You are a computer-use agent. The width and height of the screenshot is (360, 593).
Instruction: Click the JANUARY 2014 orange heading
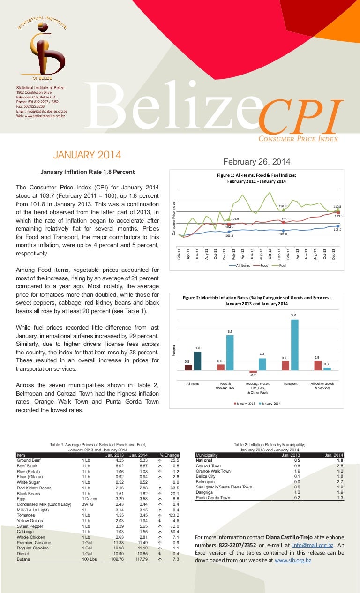tap(87, 155)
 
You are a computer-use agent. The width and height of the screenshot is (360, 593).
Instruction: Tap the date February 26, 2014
tap(256, 162)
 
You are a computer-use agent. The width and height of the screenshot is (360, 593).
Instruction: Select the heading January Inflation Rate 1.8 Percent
tap(87, 172)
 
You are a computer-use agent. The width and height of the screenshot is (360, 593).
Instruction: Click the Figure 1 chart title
tap(256, 178)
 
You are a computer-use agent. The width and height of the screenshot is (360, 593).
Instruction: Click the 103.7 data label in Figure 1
tap(337, 230)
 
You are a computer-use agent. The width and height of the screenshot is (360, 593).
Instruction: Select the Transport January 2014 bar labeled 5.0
tap(294, 345)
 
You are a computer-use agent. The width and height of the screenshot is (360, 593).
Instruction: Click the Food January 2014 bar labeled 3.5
tap(230, 353)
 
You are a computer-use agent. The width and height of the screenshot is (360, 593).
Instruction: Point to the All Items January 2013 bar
tap(188, 368)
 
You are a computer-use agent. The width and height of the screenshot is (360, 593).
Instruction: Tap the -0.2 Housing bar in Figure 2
tap(253, 372)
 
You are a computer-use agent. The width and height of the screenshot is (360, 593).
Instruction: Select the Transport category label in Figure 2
tap(290, 383)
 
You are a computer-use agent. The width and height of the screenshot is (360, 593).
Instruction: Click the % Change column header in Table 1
tap(169, 455)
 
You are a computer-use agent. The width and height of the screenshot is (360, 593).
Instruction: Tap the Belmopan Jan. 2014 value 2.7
tap(340, 481)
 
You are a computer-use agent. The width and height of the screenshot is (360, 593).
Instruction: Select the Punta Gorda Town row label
tap(213, 498)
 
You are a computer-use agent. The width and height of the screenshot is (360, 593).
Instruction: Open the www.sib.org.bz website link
tap(292, 560)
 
